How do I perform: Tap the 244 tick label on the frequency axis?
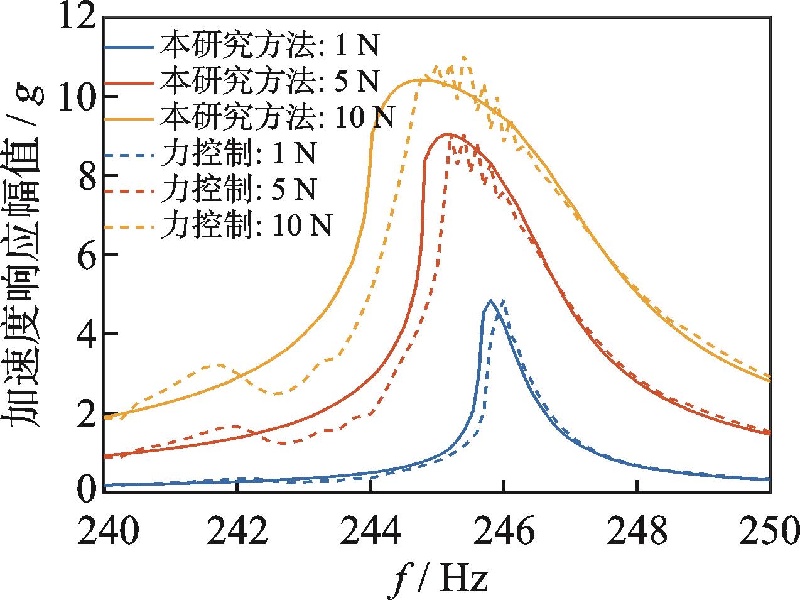[x=371, y=533]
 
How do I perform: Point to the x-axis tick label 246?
[x=504, y=533]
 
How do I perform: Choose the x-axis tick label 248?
[x=637, y=533]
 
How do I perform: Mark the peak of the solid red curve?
[x=447, y=134]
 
